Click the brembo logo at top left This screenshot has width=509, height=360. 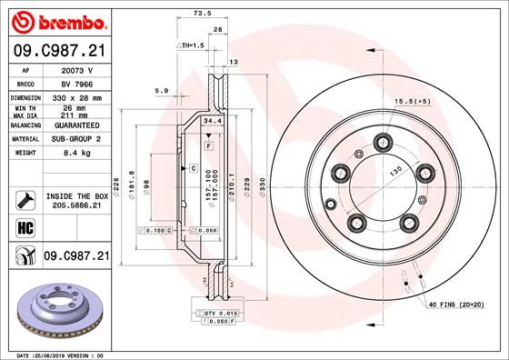pyautogui.click(x=55, y=20)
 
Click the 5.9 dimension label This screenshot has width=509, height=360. pyautogui.click(x=163, y=90)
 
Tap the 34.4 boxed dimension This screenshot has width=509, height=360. pyautogui.click(x=212, y=120)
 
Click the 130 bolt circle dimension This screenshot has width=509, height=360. pyautogui.click(x=396, y=170)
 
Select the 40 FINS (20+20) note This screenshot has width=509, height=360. pyautogui.click(x=457, y=305)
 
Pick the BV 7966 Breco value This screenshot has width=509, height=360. pyautogui.click(x=76, y=82)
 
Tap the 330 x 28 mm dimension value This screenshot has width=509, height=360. pyautogui.click(x=76, y=96)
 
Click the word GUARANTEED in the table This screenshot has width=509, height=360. pyautogui.click(x=76, y=125)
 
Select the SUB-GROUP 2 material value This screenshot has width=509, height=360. pyautogui.click(x=76, y=139)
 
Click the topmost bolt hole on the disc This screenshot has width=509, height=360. pyautogui.click(x=383, y=141)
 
